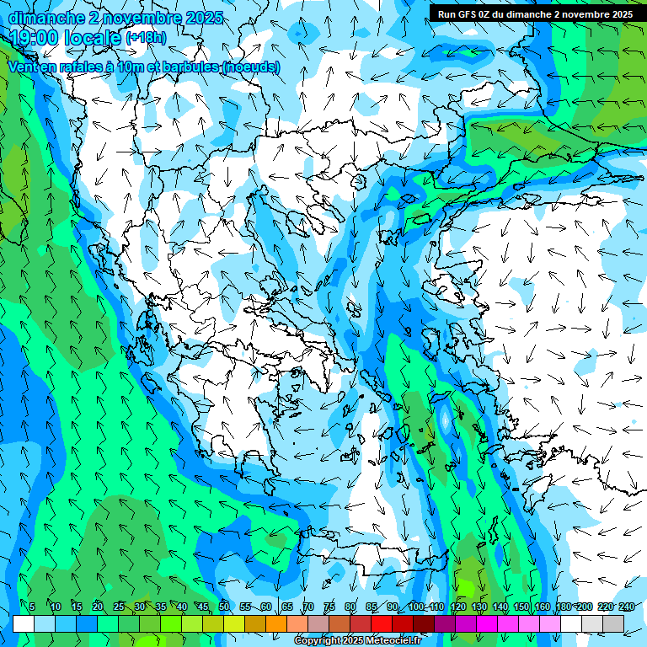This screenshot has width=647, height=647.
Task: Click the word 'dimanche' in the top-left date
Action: click(46, 18)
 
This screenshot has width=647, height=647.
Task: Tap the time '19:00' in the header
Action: click(36, 38)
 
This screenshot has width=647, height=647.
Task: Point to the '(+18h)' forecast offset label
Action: click(146, 38)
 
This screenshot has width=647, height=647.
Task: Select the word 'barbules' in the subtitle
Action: click(187, 67)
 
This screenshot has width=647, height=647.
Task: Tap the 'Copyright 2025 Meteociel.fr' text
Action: click(357, 641)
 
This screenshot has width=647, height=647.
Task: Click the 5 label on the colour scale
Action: click(32, 607)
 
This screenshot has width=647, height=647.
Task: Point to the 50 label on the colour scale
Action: click(223, 607)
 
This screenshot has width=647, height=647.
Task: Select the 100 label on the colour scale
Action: click(415, 607)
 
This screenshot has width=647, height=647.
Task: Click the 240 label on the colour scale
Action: click(627, 607)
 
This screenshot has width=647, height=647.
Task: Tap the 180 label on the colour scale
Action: click(563, 607)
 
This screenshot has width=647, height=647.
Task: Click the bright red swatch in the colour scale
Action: click(382, 623)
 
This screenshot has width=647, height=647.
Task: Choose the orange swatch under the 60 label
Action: click(276, 623)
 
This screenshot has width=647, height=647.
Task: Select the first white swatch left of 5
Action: click(24, 623)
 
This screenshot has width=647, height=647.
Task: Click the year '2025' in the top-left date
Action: click(205, 18)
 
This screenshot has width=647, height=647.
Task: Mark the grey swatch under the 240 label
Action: click(614, 623)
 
